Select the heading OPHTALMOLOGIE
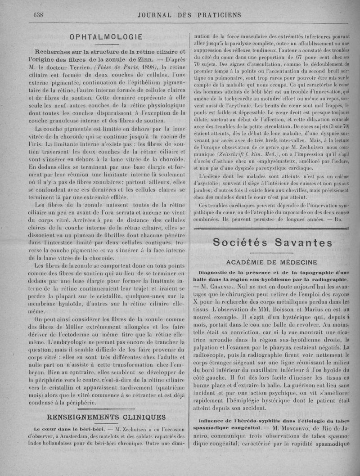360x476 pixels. [106, 36]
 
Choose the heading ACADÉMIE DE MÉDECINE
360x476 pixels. [272, 262]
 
